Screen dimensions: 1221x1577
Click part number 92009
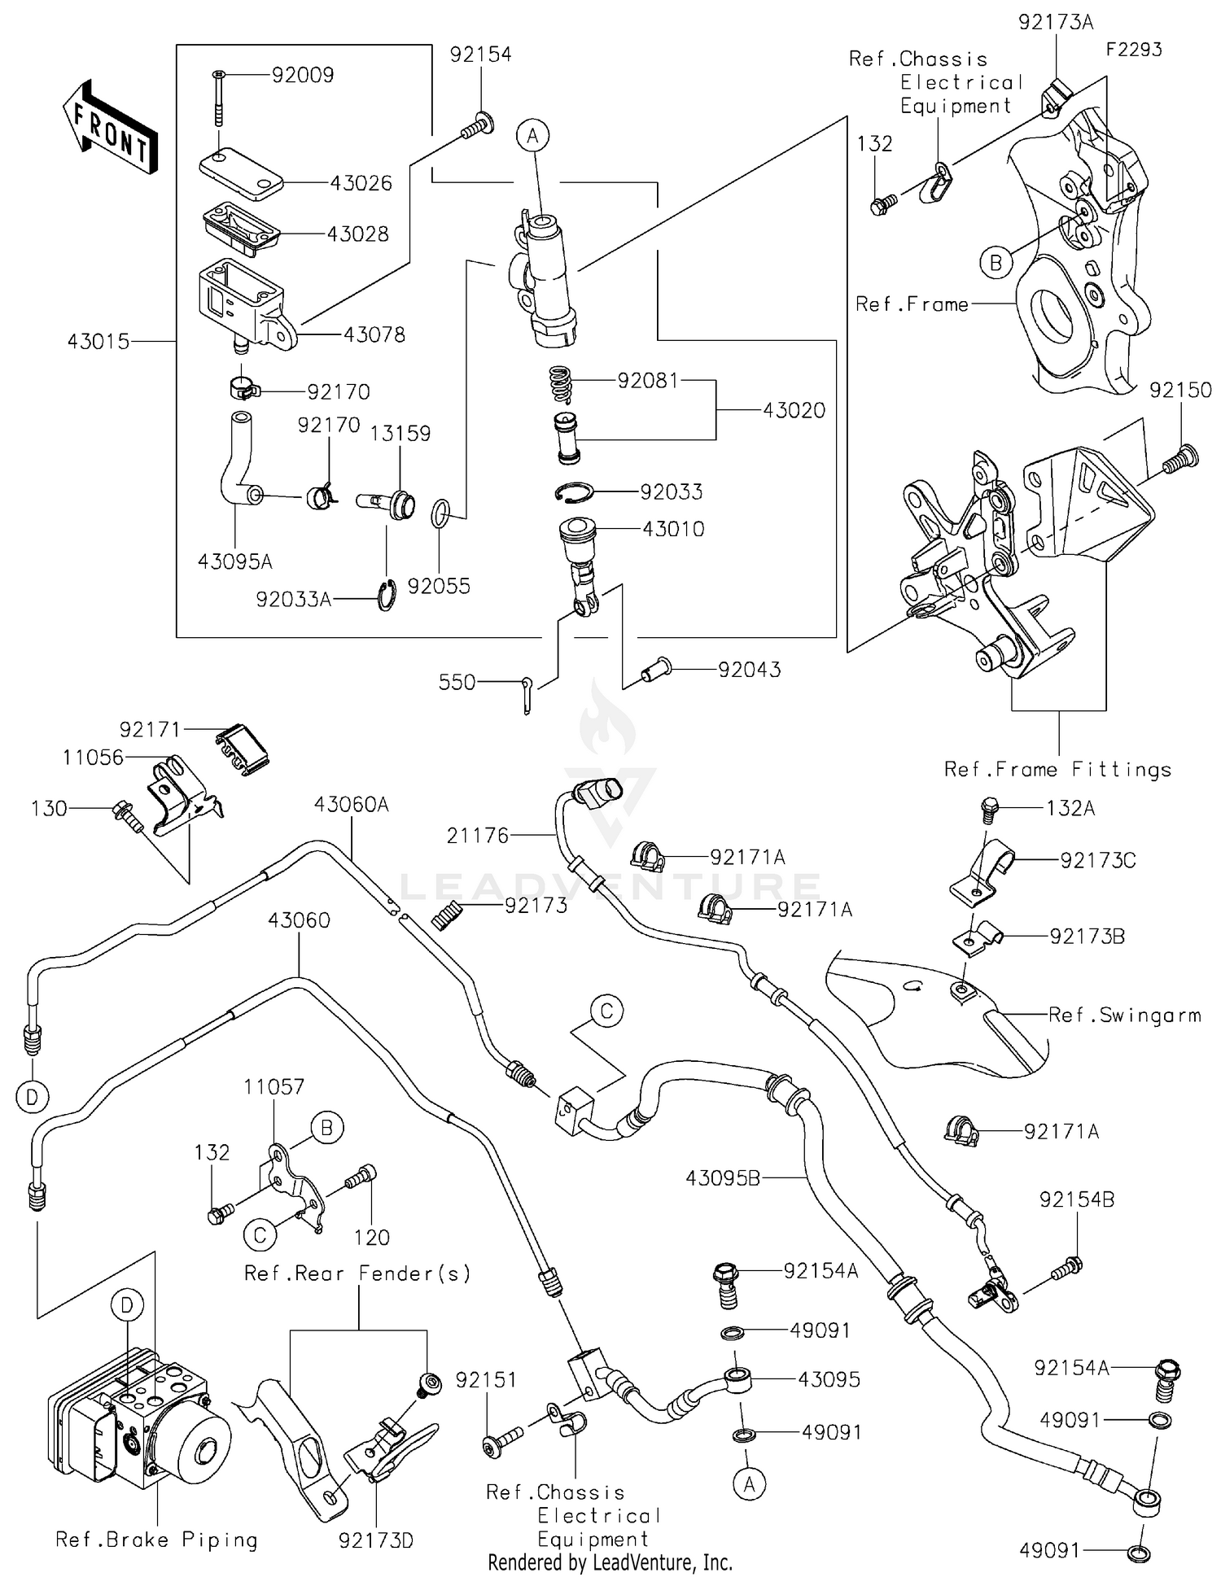[x=302, y=76]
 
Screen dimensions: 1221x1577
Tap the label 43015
[x=98, y=342]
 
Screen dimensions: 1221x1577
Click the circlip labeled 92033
[x=578, y=492]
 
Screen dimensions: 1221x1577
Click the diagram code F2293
[x=1133, y=50]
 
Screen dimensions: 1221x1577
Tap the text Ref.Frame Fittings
[x=1057, y=770]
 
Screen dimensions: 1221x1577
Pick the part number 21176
[x=478, y=836]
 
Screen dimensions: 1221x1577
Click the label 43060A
[x=352, y=805]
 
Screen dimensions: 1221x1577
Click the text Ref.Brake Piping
[x=156, y=1540]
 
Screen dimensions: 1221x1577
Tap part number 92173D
[x=376, y=1540]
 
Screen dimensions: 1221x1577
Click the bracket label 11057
[x=274, y=1087]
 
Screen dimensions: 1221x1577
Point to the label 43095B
[x=723, y=1177]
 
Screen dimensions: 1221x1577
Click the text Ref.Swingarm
[x=1124, y=1016]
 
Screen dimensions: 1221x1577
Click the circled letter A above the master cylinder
[x=532, y=136]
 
